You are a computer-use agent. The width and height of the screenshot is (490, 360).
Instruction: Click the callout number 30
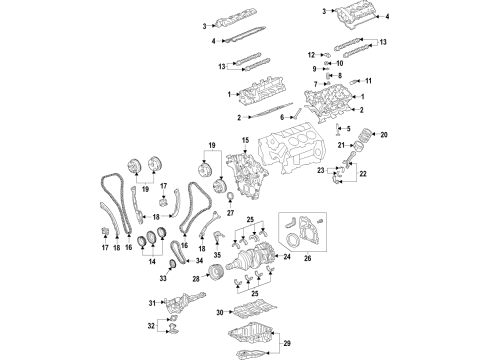(x=222, y=313)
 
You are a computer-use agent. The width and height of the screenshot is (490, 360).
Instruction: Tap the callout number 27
(x=230, y=212)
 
